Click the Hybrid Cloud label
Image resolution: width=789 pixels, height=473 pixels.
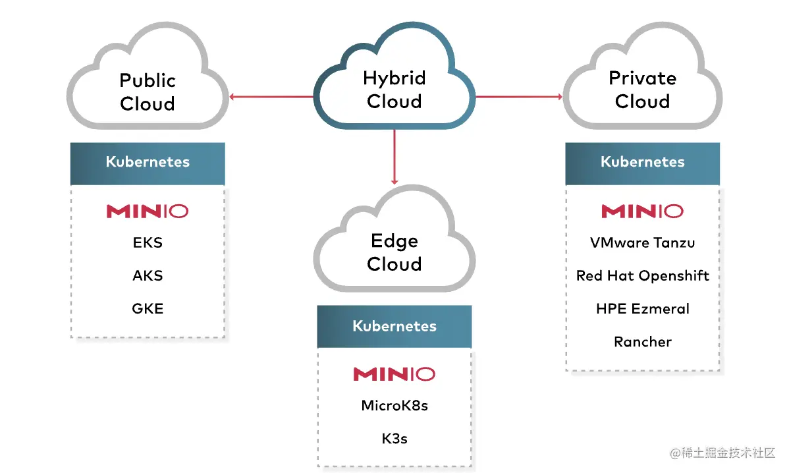(x=394, y=90)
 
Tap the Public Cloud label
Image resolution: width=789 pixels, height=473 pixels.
(x=148, y=92)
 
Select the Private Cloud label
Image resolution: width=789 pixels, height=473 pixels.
(x=642, y=90)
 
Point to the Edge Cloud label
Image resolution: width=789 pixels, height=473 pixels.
(x=394, y=252)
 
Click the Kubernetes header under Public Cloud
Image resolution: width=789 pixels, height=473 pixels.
(x=148, y=162)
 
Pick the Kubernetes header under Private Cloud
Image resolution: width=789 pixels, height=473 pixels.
(x=642, y=162)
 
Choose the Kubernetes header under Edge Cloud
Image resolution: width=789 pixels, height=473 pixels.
(x=394, y=326)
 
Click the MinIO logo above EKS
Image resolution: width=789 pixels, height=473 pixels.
(x=148, y=211)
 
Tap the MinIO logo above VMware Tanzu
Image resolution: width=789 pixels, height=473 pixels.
(x=642, y=211)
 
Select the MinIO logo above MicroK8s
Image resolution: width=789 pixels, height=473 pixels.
(x=394, y=374)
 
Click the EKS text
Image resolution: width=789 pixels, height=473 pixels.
(x=148, y=242)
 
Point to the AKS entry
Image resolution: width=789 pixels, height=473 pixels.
(x=148, y=275)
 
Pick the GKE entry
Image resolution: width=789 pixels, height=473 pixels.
(x=148, y=308)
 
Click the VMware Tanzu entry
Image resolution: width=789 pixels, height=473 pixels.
(x=642, y=242)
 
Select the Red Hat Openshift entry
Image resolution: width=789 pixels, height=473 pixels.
(x=642, y=275)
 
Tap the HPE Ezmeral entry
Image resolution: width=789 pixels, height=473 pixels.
(x=642, y=308)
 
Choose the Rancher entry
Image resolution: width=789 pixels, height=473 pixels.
(x=642, y=341)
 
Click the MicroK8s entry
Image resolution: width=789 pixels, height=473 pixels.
(x=394, y=405)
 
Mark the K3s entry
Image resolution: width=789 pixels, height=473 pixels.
(x=394, y=438)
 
